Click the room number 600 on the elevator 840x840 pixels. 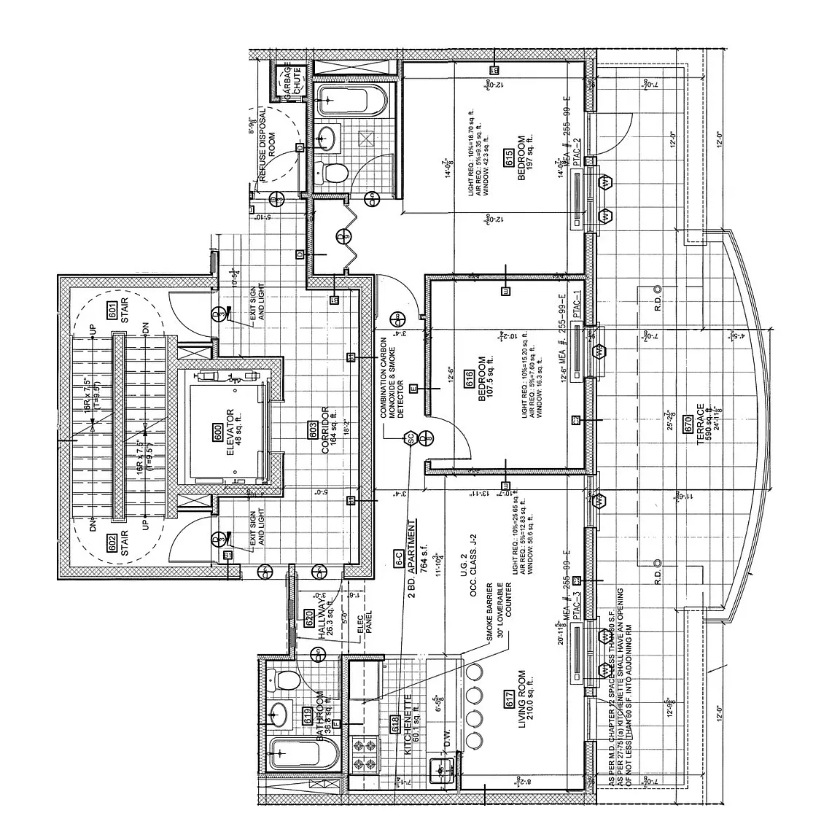point(217,431)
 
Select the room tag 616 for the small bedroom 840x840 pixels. point(470,378)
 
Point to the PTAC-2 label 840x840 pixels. point(576,153)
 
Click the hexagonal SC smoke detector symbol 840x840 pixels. point(410,437)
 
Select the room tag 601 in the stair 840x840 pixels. point(113,308)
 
